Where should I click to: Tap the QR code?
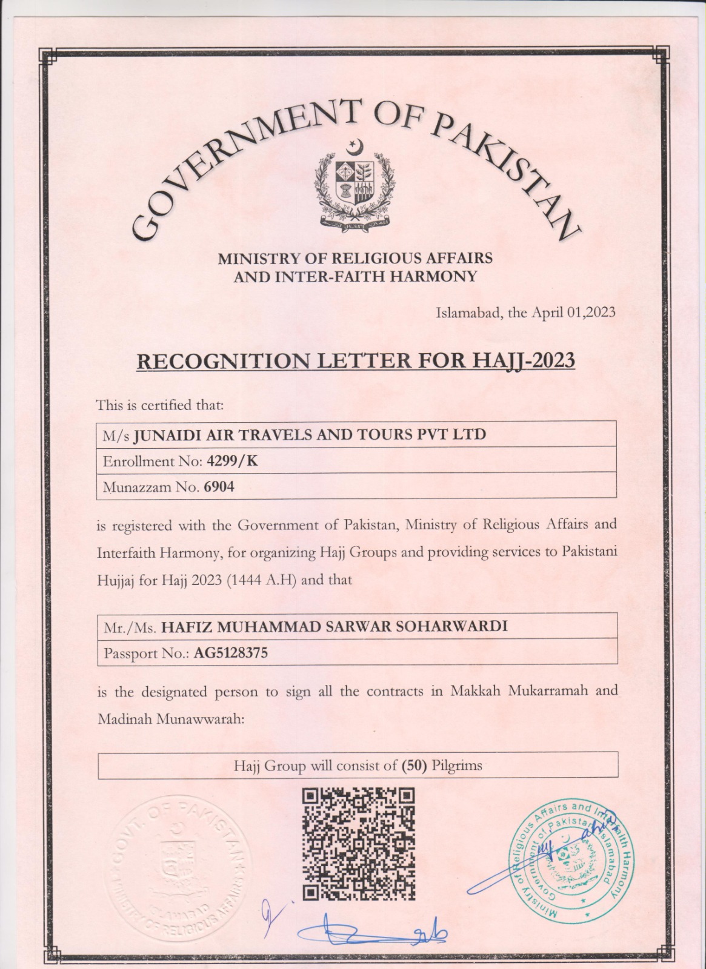coord(358,844)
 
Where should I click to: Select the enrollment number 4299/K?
coord(232,461)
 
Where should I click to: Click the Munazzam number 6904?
coord(219,486)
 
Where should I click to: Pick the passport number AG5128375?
coord(230,653)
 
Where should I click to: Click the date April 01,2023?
coord(573,313)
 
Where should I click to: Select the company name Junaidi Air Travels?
coord(309,435)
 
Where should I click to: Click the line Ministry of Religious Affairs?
coord(355,259)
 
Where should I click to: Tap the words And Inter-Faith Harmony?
coord(355,277)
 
